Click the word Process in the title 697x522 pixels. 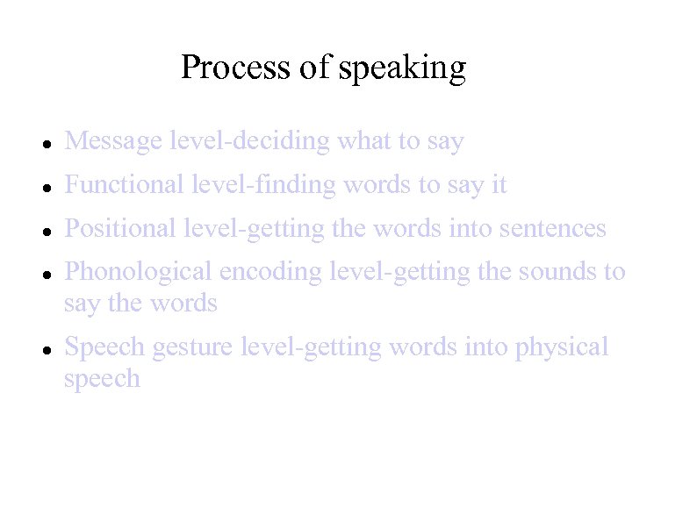coord(236,67)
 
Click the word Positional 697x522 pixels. coord(121,228)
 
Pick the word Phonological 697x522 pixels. coord(139,272)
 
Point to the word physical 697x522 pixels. coord(562,348)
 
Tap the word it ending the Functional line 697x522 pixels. coord(499,184)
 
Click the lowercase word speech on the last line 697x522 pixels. coord(102,379)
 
